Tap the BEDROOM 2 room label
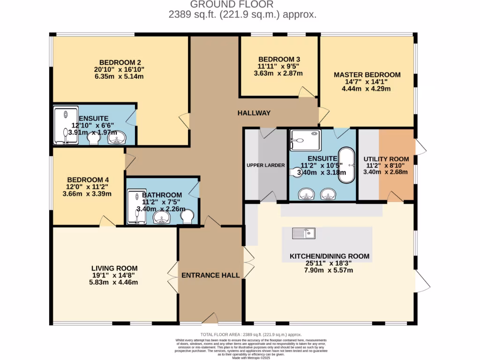coord(120,62)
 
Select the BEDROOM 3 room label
coord(279,59)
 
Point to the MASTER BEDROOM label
coord(367,75)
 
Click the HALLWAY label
coord(254,113)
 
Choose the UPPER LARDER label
coord(266,165)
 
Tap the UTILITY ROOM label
coord(386,159)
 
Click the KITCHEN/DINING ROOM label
coord(329,256)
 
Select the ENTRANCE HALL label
coord(210,275)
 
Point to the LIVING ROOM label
coord(114,268)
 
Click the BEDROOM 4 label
coord(88,180)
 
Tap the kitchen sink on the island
coord(304,232)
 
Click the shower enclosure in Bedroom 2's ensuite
coord(65,125)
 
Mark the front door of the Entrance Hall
coord(210,319)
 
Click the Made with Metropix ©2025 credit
coord(251,358)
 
